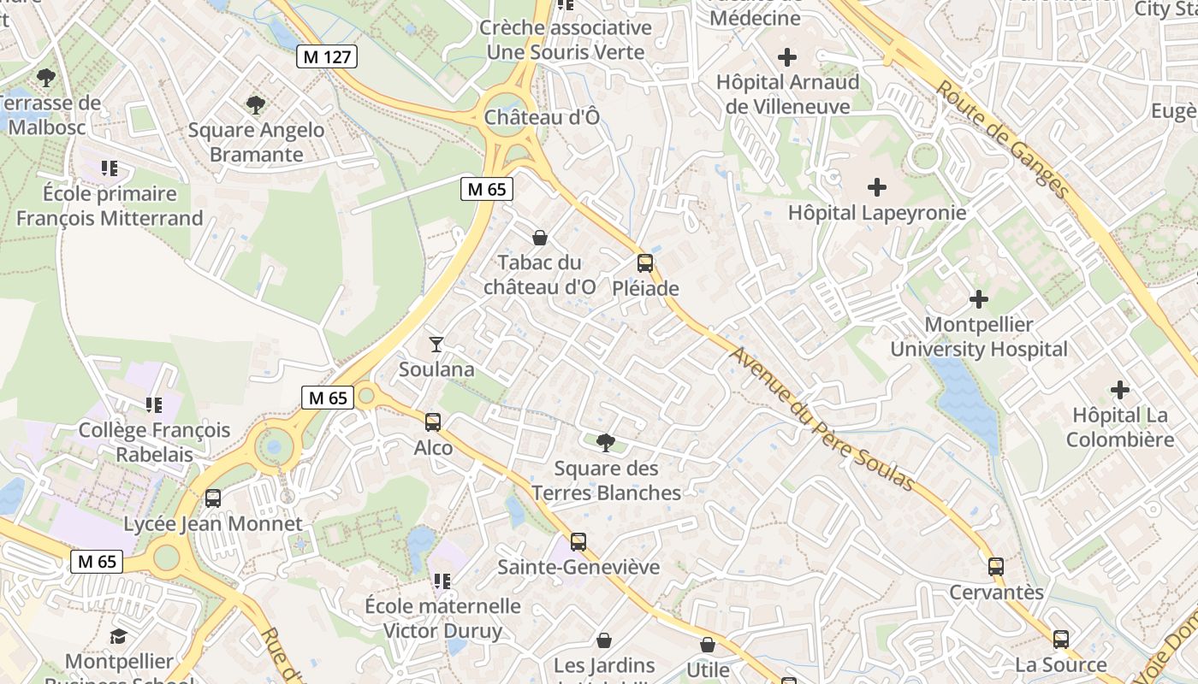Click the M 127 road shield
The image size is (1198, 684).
(x=327, y=57)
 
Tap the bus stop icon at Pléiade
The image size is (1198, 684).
(x=645, y=263)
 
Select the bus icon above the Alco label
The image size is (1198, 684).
(x=433, y=422)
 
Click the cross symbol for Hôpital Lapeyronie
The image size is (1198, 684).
(x=877, y=186)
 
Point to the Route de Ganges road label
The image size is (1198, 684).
(x=1002, y=139)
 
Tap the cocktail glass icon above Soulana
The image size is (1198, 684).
(x=436, y=344)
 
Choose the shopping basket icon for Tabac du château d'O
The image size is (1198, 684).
(x=540, y=237)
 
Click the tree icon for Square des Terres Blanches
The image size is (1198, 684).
(x=606, y=442)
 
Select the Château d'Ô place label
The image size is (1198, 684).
(x=543, y=117)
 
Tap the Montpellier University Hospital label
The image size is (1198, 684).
(x=979, y=337)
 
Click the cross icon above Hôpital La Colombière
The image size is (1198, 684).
(x=1120, y=390)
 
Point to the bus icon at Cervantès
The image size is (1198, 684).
(x=996, y=566)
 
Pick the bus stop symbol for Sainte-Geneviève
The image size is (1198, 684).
(x=578, y=541)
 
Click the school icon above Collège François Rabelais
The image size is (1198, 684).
(x=154, y=404)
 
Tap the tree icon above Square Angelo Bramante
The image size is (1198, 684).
(x=255, y=105)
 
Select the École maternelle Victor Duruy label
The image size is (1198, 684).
(x=442, y=618)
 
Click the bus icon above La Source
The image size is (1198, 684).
(x=1061, y=639)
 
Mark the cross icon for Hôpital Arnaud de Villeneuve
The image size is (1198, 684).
(x=787, y=57)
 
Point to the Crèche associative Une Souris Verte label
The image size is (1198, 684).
(x=566, y=39)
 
